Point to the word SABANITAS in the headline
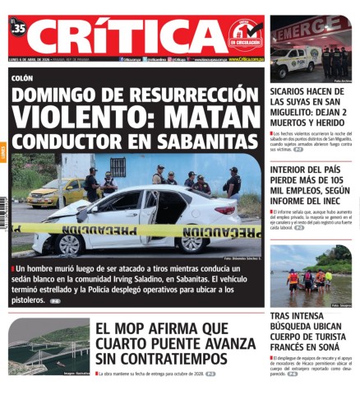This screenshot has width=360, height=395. pos(210,139)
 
